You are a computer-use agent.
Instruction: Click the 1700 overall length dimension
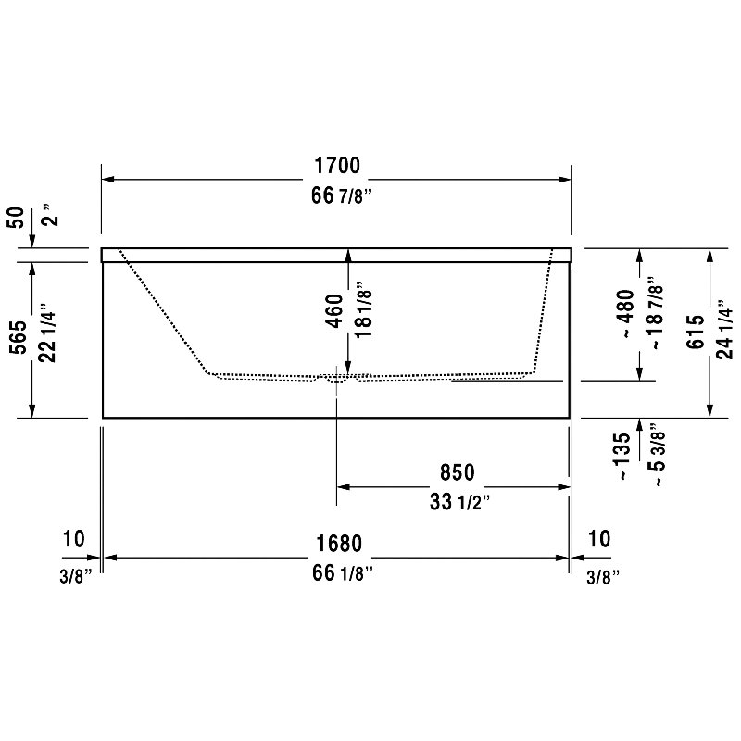tap(337, 166)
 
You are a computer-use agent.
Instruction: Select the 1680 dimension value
tap(339, 544)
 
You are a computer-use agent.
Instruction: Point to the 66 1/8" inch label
tap(342, 573)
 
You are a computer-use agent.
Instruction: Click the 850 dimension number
tap(457, 472)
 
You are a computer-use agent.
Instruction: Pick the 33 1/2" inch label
tap(459, 502)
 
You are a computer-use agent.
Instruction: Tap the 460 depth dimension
tap(334, 310)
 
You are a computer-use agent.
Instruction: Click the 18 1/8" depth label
tap(363, 309)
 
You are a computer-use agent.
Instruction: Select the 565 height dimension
tap(19, 337)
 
